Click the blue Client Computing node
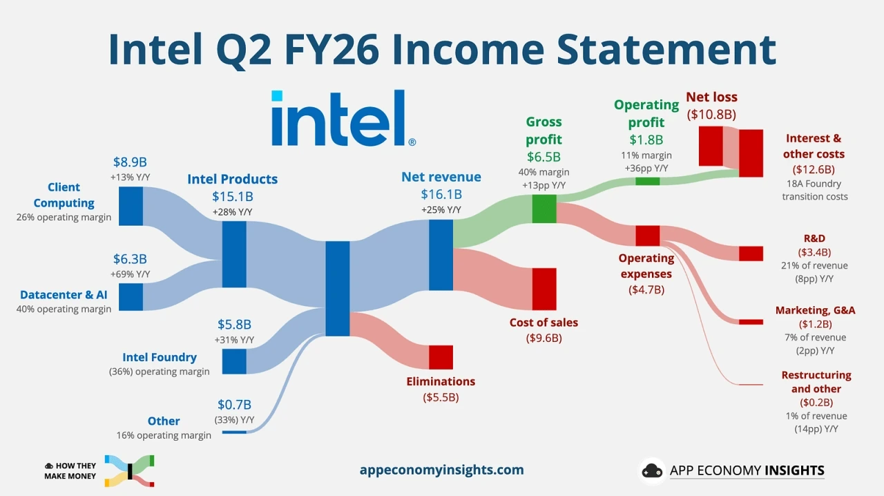(131, 206)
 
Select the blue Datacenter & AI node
(131, 297)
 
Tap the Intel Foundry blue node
(234, 361)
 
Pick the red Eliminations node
(441, 357)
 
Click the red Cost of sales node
(544, 289)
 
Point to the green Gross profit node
(544, 209)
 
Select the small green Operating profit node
(648, 181)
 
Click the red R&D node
(751, 254)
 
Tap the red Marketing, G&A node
(751, 322)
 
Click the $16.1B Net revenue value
(441, 194)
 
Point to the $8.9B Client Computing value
(130, 162)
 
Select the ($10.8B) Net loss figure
(711, 115)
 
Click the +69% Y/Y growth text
(131, 274)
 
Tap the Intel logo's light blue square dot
(277, 95)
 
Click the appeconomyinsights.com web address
(441, 470)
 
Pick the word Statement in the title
(666, 50)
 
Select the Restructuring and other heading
(816, 381)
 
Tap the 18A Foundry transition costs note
(814, 190)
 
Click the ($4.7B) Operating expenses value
(646, 289)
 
